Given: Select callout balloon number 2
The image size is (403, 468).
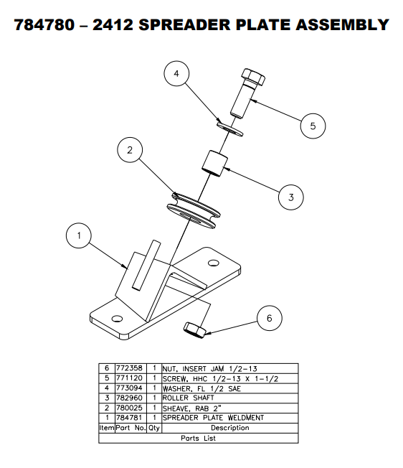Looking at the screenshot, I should [130, 151].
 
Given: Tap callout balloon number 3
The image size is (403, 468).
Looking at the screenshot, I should [290, 196].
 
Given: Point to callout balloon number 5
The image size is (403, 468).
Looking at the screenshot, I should [313, 126].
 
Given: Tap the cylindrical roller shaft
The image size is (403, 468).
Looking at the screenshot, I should [214, 163].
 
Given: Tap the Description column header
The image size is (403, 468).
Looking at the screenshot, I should [229, 427].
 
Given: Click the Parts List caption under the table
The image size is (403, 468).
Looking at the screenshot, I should [198, 437].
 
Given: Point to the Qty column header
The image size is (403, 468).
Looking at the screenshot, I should [154, 427].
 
